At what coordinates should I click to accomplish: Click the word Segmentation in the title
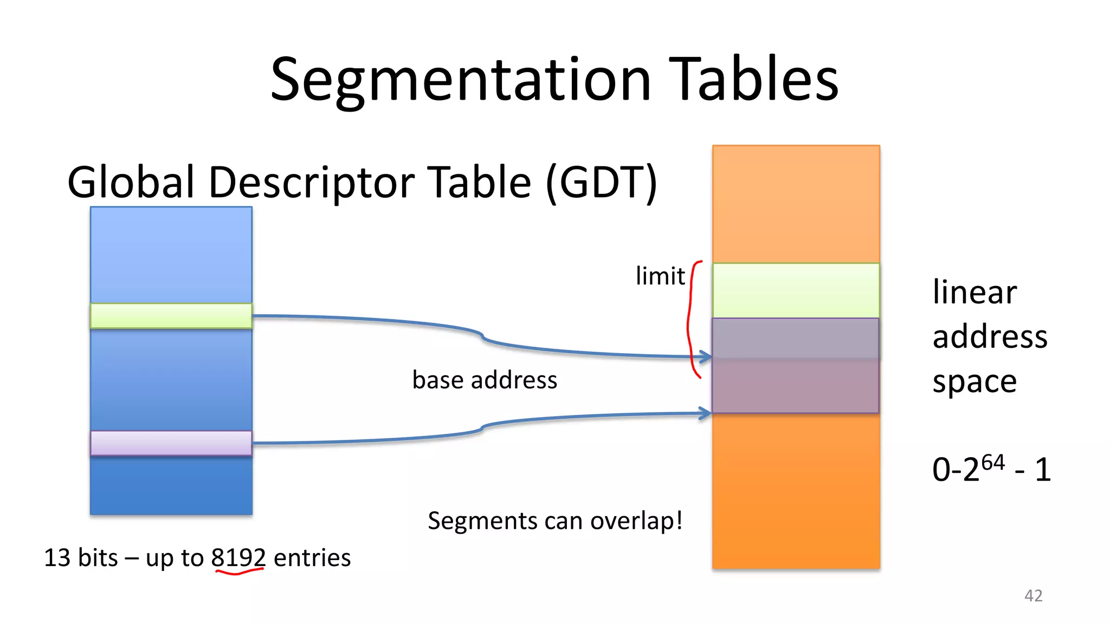point(461,80)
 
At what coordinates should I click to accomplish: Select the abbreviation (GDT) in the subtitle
point(602,183)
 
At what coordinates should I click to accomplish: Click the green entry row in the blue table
point(171,316)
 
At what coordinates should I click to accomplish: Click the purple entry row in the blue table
point(171,443)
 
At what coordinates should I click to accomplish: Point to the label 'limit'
point(660,276)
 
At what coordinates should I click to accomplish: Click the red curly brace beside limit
point(690,320)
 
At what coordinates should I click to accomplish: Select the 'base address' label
point(485,380)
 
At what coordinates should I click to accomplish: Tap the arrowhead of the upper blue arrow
point(706,356)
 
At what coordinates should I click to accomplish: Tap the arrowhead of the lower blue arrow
point(706,413)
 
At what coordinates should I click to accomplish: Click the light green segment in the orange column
point(796,290)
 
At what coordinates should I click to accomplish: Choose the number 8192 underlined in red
point(238,558)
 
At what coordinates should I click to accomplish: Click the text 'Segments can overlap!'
point(555,521)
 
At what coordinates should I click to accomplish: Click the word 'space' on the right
point(975,382)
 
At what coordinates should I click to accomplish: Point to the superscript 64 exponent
point(993,462)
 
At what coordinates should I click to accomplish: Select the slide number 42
point(1033,596)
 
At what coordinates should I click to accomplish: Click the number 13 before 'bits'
point(57,558)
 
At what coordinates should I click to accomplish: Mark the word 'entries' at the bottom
point(312,558)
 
